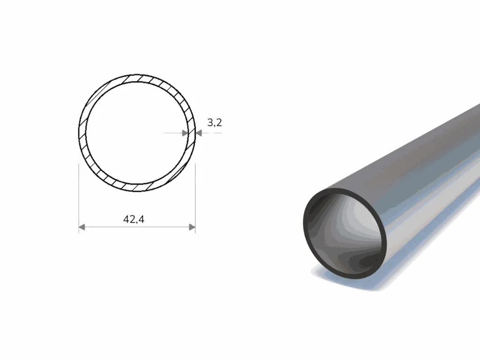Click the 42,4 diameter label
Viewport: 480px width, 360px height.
[134, 219]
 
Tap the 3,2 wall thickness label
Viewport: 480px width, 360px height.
[215, 122]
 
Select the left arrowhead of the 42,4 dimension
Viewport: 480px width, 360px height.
[82, 227]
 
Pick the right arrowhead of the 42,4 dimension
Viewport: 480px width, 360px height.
[192, 227]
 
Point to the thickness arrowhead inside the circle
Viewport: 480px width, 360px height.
[185, 133]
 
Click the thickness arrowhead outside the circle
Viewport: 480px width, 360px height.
[199, 133]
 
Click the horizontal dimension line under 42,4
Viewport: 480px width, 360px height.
[137, 227]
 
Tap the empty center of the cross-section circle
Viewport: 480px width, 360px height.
[137, 133]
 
